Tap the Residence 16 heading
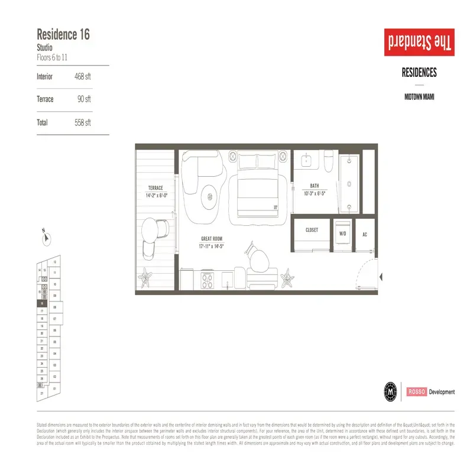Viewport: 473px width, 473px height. pos(63,34)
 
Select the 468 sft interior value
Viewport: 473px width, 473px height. pos(83,76)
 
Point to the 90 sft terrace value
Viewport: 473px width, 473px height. pos(84,99)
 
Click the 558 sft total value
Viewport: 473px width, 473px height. pos(83,123)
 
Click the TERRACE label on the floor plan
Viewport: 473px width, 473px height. pos(156,188)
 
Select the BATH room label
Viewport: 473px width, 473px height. pos(315,186)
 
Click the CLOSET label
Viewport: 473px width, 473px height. pos(312,230)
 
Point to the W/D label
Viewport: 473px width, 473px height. pos(342,234)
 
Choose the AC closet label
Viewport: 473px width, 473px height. pos(365,235)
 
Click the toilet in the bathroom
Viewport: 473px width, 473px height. pos(329,160)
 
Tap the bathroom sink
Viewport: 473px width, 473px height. pos(306,160)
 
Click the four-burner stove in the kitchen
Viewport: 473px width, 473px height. pos(207,280)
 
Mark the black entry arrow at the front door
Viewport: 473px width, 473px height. pos(381,276)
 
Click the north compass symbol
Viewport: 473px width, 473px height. pos(46,238)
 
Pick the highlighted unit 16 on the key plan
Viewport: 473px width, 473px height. pos(42,302)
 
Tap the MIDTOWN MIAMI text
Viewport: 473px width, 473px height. pos(419,96)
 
